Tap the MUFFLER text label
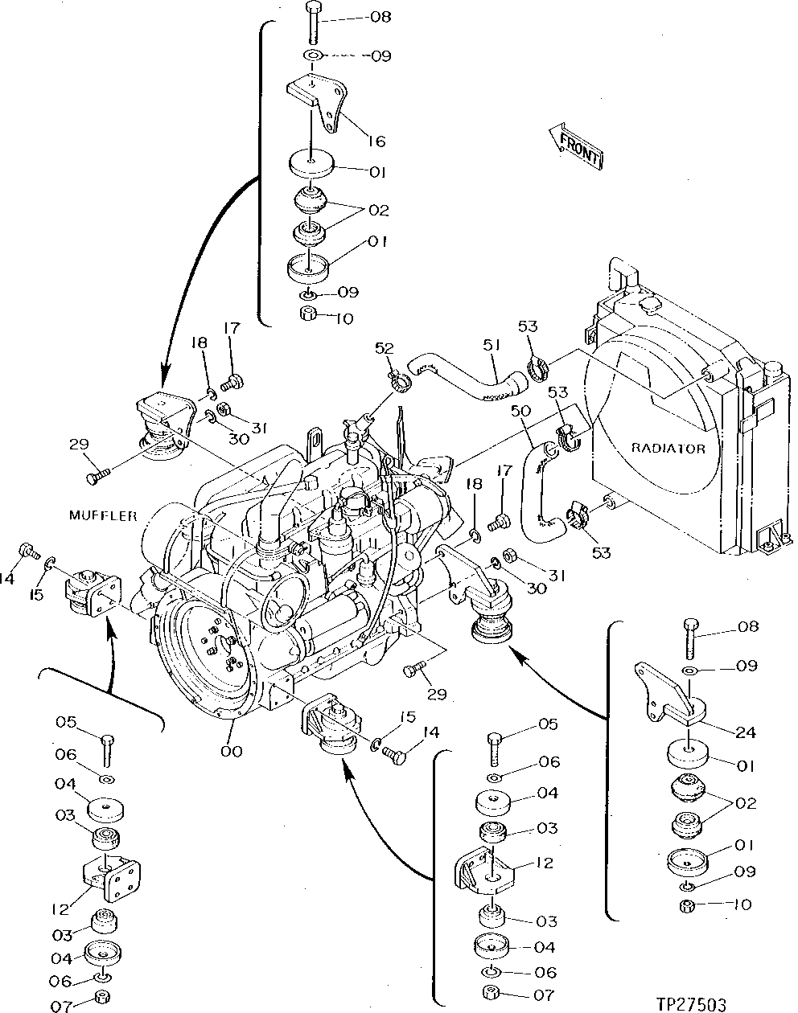point(102,515)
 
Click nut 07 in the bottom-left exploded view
point(102,998)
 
